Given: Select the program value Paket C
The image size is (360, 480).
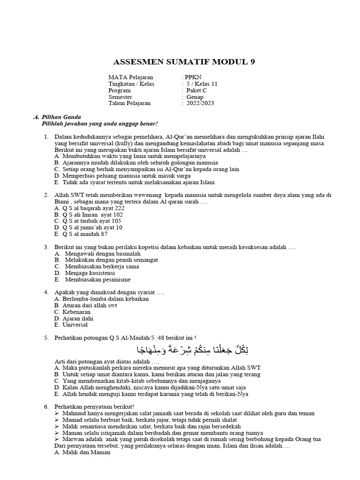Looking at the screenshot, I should (x=197, y=90).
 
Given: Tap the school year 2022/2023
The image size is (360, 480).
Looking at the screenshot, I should (x=200, y=104).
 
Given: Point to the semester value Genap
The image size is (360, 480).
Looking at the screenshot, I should (x=195, y=97).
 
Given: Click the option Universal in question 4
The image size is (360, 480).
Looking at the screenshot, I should (x=73, y=325).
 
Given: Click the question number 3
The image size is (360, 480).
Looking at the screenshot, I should (x=46, y=247).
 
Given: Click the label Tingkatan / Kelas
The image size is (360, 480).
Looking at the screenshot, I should (x=131, y=84).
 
